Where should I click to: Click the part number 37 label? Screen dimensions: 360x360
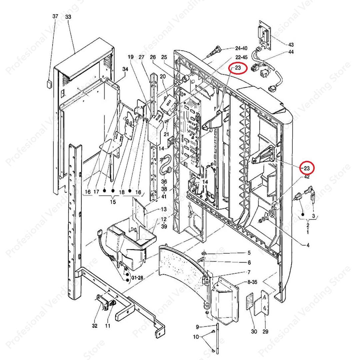click(x=55, y=17)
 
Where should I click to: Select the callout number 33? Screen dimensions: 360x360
click(x=68, y=17)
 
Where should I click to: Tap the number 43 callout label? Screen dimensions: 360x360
click(x=291, y=44)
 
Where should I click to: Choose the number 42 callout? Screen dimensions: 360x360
click(x=307, y=177)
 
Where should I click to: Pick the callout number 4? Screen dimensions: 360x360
click(x=308, y=246)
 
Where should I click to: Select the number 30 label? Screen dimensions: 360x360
click(x=254, y=332)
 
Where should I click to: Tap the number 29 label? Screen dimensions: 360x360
click(x=265, y=332)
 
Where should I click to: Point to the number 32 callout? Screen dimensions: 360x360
click(x=95, y=326)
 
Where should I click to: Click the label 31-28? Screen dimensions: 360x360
click(x=137, y=278)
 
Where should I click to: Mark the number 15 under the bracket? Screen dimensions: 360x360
click(x=113, y=202)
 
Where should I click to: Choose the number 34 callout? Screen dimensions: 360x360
click(x=125, y=69)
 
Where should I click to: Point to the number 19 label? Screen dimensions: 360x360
click(x=130, y=57)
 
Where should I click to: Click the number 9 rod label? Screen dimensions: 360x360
click(x=197, y=327)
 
